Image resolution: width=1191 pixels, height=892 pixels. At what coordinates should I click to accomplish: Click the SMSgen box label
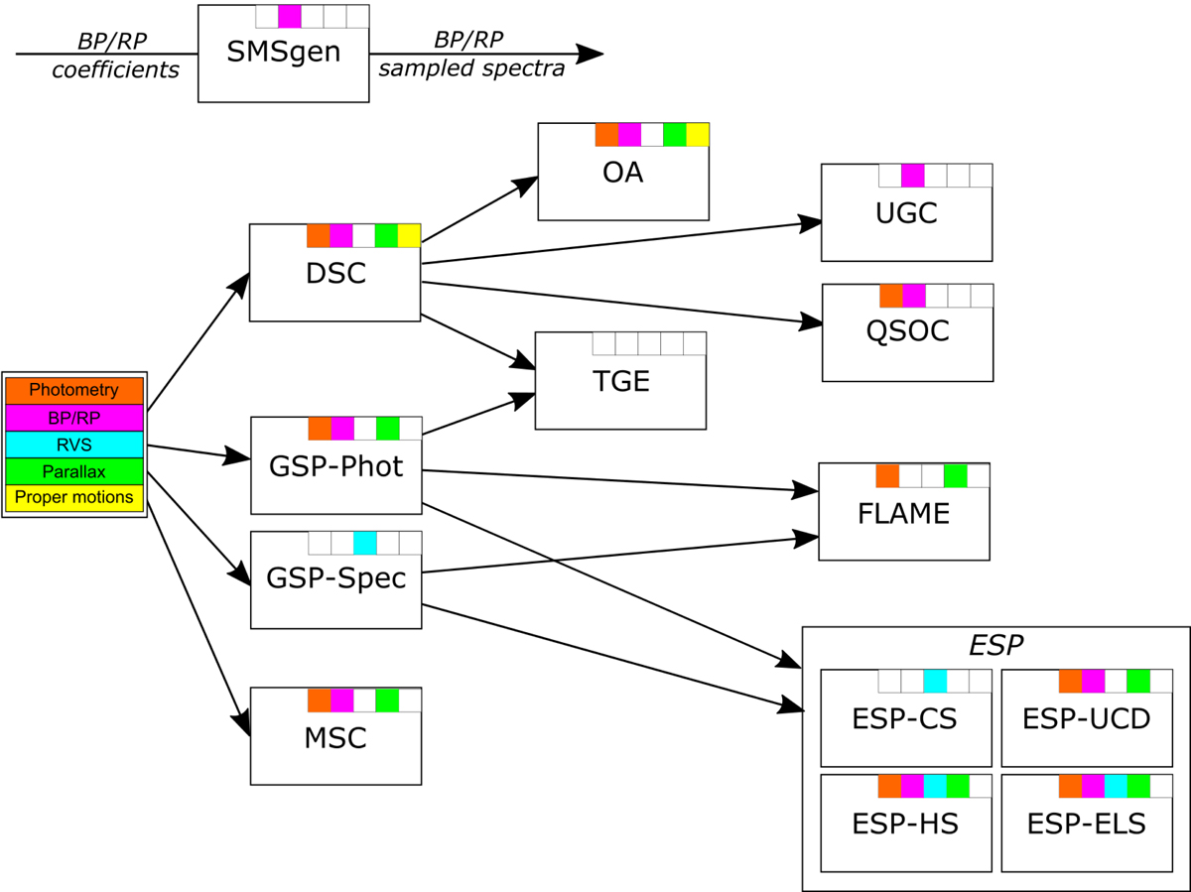(x=283, y=52)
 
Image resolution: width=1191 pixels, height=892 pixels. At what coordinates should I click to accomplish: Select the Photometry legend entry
(x=74, y=391)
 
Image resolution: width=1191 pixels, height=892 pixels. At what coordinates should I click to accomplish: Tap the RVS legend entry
(x=74, y=445)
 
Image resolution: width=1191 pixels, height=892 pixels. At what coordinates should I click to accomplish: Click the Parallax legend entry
(x=74, y=471)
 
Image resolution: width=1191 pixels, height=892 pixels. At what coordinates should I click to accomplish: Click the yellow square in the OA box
(x=698, y=135)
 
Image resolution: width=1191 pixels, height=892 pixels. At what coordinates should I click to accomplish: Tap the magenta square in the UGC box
(x=912, y=176)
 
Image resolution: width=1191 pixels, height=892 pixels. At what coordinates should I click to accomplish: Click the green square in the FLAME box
(x=956, y=475)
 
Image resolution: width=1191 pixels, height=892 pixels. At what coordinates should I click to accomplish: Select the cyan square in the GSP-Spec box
(x=364, y=543)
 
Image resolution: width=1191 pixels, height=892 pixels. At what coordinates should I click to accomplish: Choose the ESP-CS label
(x=904, y=718)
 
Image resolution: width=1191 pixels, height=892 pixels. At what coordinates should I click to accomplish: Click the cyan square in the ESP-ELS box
(x=1116, y=786)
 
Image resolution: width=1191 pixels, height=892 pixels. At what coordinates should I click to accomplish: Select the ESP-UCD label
(x=1087, y=718)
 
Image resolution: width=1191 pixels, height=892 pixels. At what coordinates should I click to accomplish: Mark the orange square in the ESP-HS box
(x=889, y=786)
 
